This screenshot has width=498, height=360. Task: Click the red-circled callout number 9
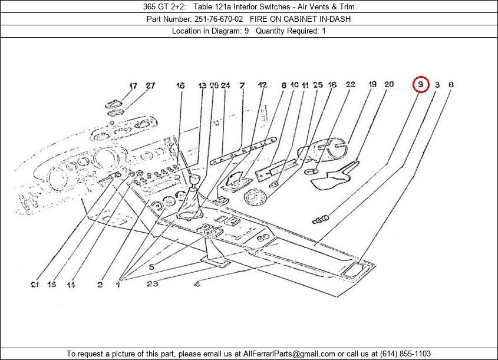(420, 85)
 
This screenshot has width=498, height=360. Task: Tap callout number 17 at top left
(133, 85)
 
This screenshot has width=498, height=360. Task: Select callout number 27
(150, 85)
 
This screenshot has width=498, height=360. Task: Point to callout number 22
(350, 85)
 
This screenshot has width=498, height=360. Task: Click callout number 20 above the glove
(389, 85)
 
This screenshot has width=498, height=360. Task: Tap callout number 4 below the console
(197, 285)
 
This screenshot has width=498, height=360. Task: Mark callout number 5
(151, 267)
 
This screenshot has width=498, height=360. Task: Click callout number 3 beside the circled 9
(437, 85)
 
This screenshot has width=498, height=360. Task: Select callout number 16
(180, 85)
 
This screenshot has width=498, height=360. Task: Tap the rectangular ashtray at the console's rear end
(356, 269)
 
